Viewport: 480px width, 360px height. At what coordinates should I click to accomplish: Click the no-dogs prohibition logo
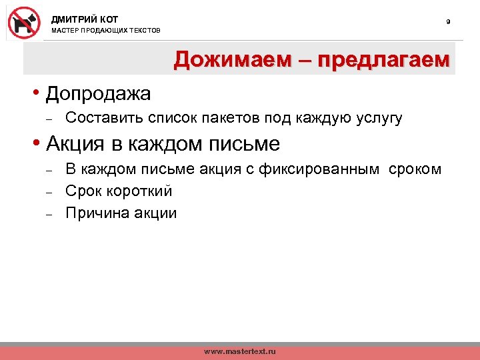coord(24,22)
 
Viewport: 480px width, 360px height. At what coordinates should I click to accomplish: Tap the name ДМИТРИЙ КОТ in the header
coord(85,19)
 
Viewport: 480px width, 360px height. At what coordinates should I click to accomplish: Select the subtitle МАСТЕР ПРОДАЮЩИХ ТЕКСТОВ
coord(106,31)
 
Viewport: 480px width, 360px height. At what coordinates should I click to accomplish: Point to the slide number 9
coord(448,23)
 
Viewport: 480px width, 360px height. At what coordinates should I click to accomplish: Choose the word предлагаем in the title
coord(384,61)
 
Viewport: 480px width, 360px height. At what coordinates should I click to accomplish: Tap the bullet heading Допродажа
coord(98,94)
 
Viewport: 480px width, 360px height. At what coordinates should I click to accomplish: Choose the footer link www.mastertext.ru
coord(239,351)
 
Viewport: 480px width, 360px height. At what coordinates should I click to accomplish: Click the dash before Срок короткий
coord(49,192)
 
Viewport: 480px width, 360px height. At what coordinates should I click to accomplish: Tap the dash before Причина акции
coord(49,214)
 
